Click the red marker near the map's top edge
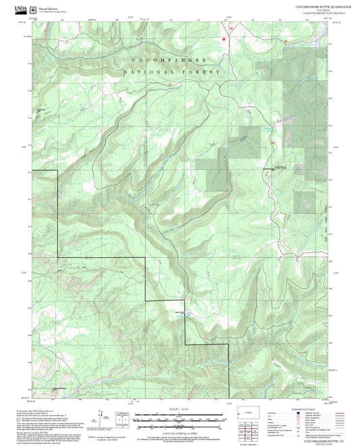click(222, 39)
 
